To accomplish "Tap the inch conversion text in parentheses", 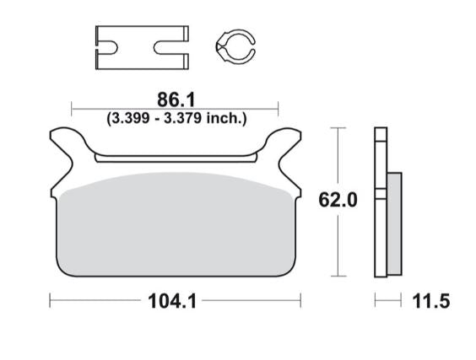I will point(176,118).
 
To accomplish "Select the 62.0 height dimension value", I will point(338,200).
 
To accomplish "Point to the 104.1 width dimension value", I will point(176,300).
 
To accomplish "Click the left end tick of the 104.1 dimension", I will point(51,300).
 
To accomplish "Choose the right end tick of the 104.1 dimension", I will point(301,300).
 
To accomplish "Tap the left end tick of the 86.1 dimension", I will point(72,108).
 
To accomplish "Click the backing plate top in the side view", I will point(380,135).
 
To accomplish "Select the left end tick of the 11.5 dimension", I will point(376,300).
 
